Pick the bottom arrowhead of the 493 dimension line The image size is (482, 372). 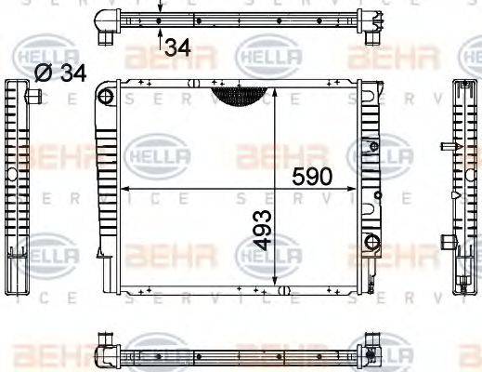(278, 284)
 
